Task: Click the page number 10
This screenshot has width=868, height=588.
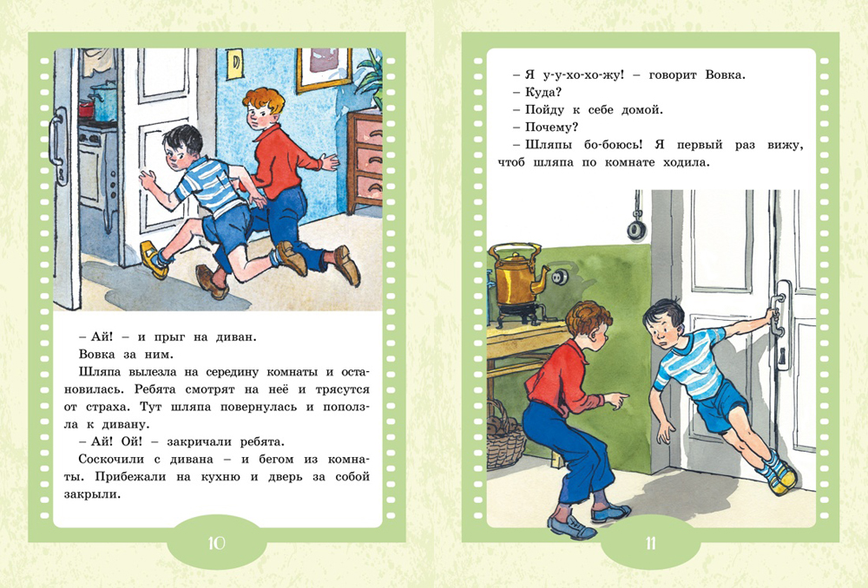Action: point(216,543)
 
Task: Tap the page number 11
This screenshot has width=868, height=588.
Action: point(650,543)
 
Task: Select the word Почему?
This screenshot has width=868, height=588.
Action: point(551,127)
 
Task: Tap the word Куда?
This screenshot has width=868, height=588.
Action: point(543,93)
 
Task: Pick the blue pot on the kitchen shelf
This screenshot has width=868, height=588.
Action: point(105,101)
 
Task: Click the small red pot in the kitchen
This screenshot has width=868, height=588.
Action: point(86,109)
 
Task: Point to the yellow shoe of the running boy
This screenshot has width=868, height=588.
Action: point(154,258)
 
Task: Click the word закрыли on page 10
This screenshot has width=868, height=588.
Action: point(92,494)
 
